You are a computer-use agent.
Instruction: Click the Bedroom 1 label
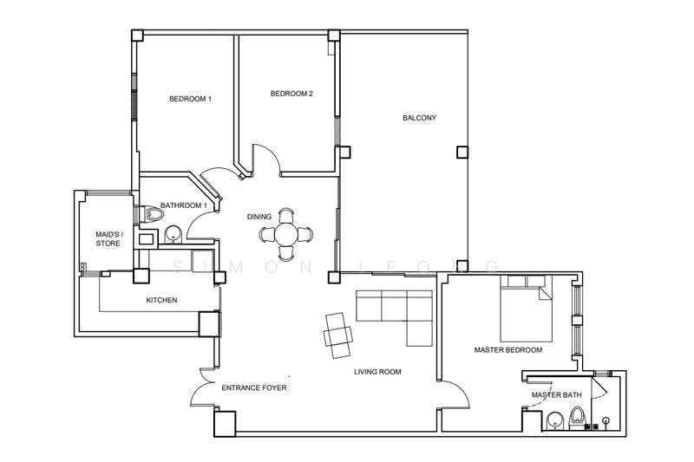click(x=190, y=99)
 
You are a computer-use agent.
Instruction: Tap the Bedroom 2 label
click(x=291, y=94)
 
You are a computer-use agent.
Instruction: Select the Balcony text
click(x=419, y=118)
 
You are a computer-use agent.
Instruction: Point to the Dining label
click(x=259, y=217)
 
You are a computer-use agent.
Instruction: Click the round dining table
click(x=286, y=234)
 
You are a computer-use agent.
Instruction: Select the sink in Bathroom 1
click(x=173, y=235)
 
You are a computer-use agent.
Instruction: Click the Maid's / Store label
click(x=108, y=238)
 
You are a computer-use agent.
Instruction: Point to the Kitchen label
click(x=161, y=300)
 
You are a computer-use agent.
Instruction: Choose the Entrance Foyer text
click(x=253, y=387)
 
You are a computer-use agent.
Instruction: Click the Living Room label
click(x=377, y=372)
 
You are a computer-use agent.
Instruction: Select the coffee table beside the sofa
click(x=338, y=335)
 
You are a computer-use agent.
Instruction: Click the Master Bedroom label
click(x=508, y=349)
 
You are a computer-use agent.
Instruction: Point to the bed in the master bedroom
click(x=527, y=309)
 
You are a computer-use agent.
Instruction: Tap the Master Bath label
click(x=556, y=394)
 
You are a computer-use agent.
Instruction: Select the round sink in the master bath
click(x=553, y=420)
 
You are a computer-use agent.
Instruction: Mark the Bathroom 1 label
click(x=183, y=205)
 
